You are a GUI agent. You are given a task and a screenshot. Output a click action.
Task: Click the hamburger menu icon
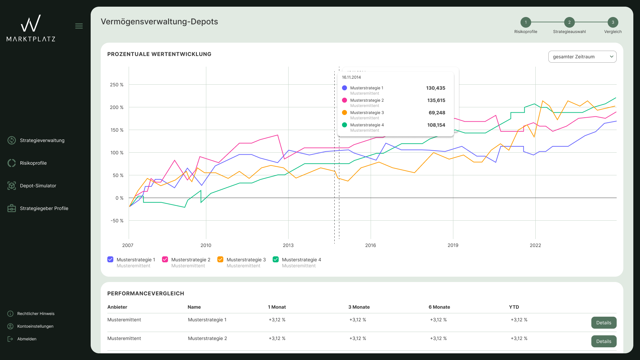tap(79, 26)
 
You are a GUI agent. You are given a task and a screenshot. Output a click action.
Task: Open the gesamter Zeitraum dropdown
tap(582, 57)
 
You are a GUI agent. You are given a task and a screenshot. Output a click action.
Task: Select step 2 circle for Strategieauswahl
tap(569, 22)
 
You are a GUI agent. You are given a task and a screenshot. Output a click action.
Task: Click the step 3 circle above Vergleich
tap(613, 22)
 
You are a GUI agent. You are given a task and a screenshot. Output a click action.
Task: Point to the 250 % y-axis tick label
tap(117, 85)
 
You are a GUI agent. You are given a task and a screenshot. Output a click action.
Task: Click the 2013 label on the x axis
tap(288, 245)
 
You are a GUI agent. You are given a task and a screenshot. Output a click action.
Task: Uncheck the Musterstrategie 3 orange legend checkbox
tap(220, 259)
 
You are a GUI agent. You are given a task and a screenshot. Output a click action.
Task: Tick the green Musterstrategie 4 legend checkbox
tap(276, 259)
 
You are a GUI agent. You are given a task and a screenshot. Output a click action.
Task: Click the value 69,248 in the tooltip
tap(437, 113)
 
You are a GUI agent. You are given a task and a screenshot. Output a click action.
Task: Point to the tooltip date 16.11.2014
tap(351, 77)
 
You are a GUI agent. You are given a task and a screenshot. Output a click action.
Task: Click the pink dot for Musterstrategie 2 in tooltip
tap(345, 100)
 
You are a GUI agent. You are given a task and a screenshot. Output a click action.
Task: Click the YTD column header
tap(514, 307)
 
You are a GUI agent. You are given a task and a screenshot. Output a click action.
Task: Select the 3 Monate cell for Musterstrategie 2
tap(358, 338)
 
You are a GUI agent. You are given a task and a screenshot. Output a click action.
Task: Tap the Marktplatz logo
tap(31, 28)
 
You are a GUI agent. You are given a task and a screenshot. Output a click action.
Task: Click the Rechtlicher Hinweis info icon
tap(10, 314)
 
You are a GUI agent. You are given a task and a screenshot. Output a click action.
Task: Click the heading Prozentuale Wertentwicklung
tap(159, 54)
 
